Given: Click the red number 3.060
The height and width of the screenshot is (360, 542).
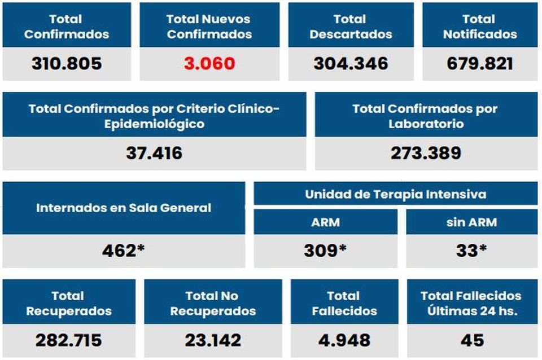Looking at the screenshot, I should pyautogui.click(x=209, y=63).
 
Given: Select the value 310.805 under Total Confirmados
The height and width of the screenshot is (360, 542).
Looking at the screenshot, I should pyautogui.click(x=67, y=63).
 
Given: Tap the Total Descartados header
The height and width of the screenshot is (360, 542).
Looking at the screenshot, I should pyautogui.click(x=351, y=27).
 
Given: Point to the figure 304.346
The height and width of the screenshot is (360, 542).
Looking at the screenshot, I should pyautogui.click(x=351, y=63).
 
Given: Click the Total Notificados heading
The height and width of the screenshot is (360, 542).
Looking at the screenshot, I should pyautogui.click(x=479, y=27).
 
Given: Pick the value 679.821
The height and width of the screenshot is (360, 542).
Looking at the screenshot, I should pyautogui.click(x=479, y=63).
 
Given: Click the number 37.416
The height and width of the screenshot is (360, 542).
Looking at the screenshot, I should pyautogui.click(x=154, y=152).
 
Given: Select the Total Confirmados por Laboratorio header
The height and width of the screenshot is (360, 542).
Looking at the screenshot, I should pyautogui.click(x=425, y=116).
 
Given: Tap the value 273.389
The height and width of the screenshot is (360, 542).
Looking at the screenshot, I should pyautogui.click(x=425, y=152).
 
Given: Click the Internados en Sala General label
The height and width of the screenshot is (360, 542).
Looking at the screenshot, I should pyautogui.click(x=124, y=208).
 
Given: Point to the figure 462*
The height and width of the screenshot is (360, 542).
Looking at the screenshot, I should pyautogui.click(x=124, y=251).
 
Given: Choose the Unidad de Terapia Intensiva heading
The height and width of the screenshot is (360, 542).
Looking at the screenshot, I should pyautogui.click(x=395, y=195).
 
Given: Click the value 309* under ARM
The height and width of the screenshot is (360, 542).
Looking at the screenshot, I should pyautogui.click(x=325, y=251).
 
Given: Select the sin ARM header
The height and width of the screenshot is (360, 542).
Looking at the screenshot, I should pyautogui.click(x=471, y=222).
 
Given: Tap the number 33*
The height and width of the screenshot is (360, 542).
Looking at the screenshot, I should pyautogui.click(x=471, y=251).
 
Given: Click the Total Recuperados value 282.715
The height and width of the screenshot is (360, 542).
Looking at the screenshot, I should pyautogui.click(x=68, y=340).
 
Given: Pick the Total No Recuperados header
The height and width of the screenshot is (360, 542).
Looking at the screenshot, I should pyautogui.click(x=213, y=303).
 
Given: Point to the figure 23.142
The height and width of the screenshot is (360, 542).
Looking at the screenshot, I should pyautogui.click(x=213, y=340).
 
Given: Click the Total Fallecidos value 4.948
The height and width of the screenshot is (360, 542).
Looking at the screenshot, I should pyautogui.click(x=344, y=340).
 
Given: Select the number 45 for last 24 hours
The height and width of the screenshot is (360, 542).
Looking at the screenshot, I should pyautogui.click(x=472, y=340).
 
